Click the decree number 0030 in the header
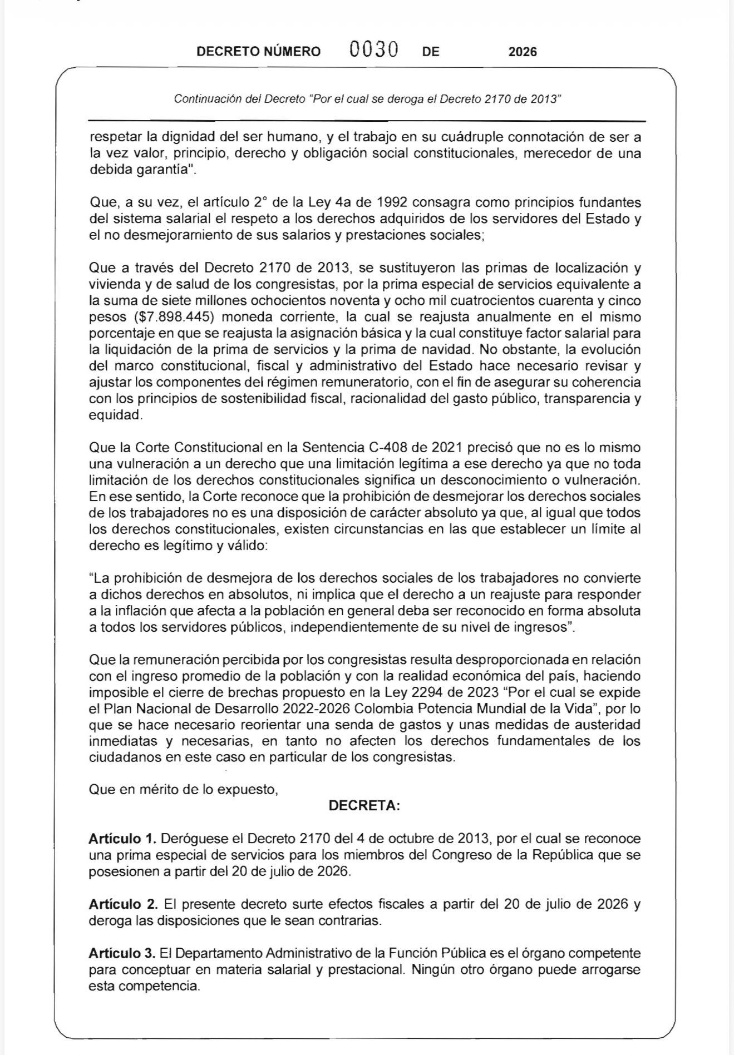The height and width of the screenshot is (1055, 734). (373, 51)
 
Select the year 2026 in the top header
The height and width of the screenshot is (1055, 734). (523, 52)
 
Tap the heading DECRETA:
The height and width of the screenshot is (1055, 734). (364, 805)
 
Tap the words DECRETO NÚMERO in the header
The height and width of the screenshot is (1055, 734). (259, 52)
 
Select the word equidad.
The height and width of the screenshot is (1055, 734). (115, 415)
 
